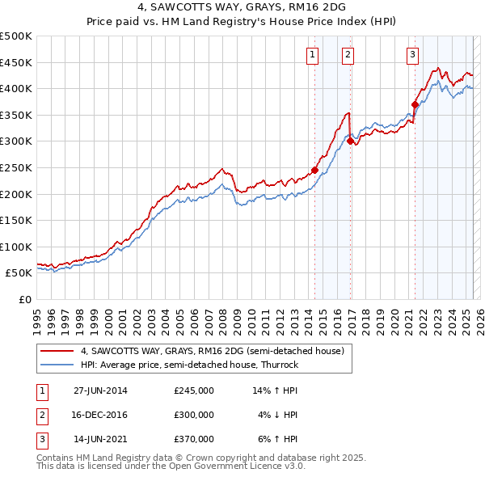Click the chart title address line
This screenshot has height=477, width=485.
pyautogui.click(x=242, y=7)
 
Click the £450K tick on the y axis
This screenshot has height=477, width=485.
pyautogui.click(x=16, y=62)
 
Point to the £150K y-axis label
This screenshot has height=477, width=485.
pyautogui.click(x=16, y=220)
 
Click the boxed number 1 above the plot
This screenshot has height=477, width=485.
pyautogui.click(x=312, y=55)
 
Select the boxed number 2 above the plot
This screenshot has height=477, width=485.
pyautogui.click(x=348, y=55)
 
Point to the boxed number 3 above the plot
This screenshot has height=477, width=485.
pyautogui.click(x=412, y=55)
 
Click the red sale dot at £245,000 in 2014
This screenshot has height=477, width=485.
pyautogui.click(x=314, y=170)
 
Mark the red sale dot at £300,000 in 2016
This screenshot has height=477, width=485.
pyautogui.click(x=350, y=141)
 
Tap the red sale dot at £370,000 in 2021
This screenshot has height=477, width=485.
pyautogui.click(x=415, y=103)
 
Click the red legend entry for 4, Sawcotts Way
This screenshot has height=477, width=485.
pyautogui.click(x=213, y=351)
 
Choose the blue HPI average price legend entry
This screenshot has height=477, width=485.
pyautogui.click(x=189, y=365)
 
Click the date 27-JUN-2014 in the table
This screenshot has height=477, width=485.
pyautogui.click(x=100, y=390)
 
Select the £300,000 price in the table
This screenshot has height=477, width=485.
pyautogui.click(x=194, y=415)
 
